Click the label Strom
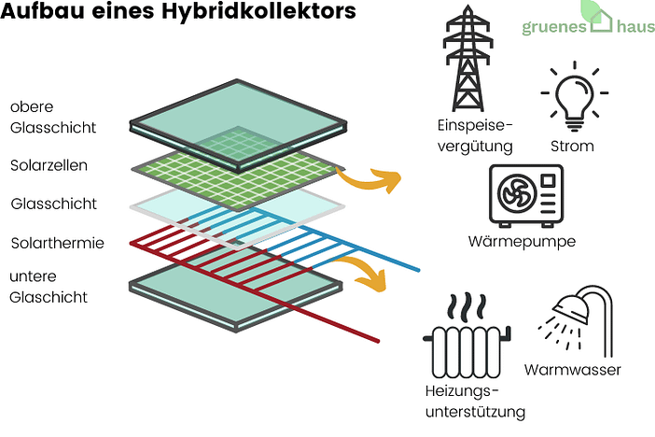(572, 147)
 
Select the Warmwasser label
(572, 370)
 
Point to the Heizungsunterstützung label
(473, 401)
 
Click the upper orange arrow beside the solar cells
(366, 177)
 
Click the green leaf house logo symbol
(598, 13)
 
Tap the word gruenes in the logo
(553, 26)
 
